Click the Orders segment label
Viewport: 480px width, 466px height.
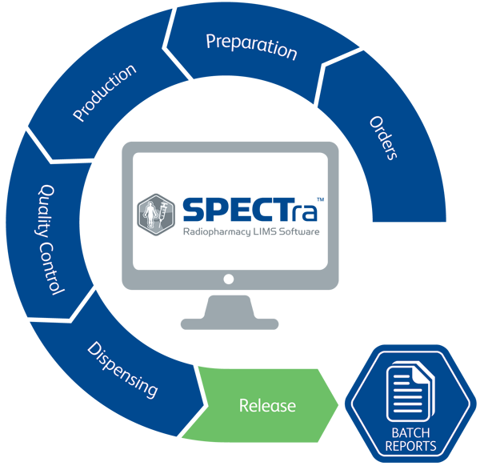click(x=383, y=139)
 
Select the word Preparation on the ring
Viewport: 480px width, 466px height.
click(x=252, y=46)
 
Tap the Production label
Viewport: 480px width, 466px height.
click(x=104, y=93)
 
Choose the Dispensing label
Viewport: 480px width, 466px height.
click(x=122, y=370)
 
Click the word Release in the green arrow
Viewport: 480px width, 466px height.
click(x=267, y=406)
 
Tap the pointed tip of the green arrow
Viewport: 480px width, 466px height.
click(x=338, y=405)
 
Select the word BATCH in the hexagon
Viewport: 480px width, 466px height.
click(x=411, y=433)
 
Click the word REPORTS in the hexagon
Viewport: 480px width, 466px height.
click(x=411, y=446)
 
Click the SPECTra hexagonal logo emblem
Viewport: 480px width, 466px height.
click(x=156, y=215)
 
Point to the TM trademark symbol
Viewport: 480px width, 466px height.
click(x=321, y=199)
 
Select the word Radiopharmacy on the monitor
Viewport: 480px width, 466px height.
click(x=217, y=232)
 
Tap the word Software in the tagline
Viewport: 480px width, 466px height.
click(x=299, y=231)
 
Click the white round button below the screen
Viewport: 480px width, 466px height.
click(x=229, y=279)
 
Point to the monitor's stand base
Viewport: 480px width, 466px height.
click(x=230, y=323)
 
